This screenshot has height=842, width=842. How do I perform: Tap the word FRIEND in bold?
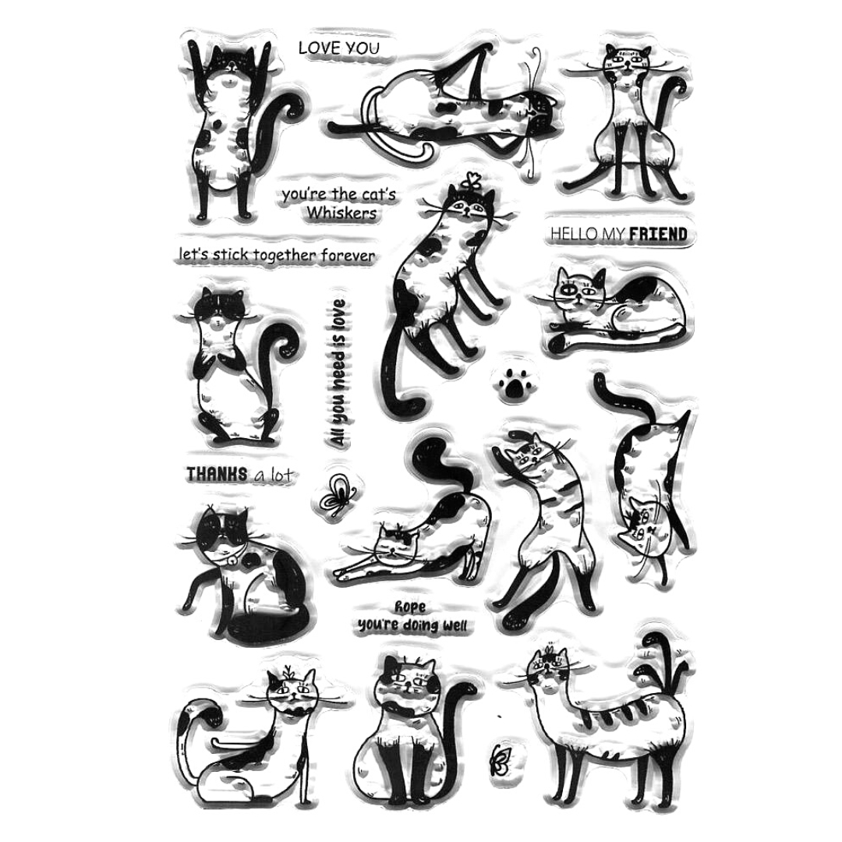click(658, 234)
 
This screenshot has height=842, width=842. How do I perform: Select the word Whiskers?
click(341, 213)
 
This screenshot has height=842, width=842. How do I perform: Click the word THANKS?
click(217, 474)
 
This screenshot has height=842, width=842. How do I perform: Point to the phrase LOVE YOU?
click(339, 48)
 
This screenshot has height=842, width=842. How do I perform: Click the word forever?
click(348, 255)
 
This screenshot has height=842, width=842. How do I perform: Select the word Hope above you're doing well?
click(410, 607)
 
